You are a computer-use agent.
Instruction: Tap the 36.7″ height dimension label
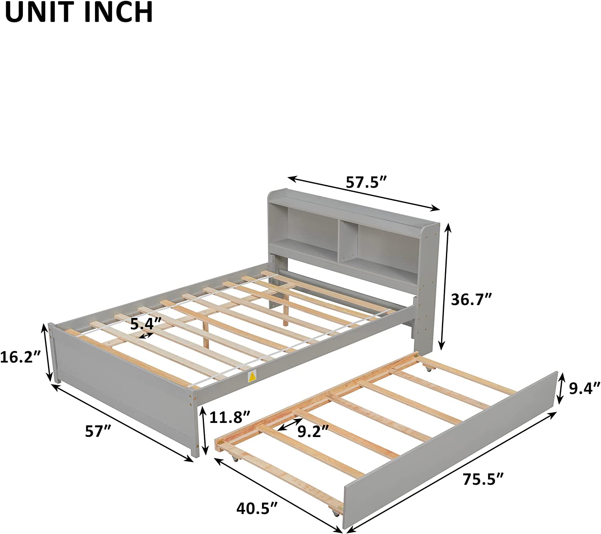pyautogui.click(x=471, y=299)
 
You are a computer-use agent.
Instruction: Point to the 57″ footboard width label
pyautogui.click(x=97, y=432)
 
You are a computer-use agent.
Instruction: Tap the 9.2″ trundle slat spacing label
pyautogui.click(x=313, y=431)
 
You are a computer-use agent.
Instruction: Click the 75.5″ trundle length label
pyautogui.click(x=483, y=479)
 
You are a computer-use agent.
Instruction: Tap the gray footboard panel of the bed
pyautogui.click(x=120, y=389)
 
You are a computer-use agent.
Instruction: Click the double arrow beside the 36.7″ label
pyautogui.click(x=446, y=286)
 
